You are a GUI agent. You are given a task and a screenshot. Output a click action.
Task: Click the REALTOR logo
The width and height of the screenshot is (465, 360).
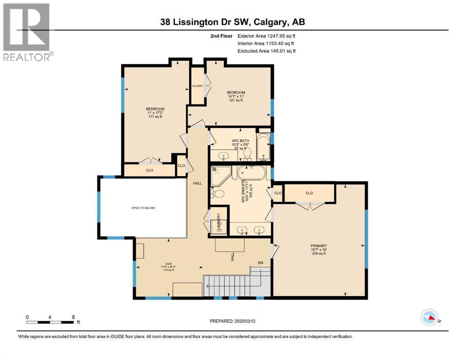coord(26,32)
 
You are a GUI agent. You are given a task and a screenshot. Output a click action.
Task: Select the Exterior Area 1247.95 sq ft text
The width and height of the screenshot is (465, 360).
coord(266,36)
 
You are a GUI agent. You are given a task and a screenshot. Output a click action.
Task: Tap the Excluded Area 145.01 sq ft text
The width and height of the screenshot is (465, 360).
coord(266,51)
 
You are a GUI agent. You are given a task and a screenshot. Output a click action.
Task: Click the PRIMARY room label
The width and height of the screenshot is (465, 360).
coord(318,246)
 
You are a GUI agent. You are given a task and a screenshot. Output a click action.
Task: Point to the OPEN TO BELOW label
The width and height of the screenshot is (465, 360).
coord(143,208)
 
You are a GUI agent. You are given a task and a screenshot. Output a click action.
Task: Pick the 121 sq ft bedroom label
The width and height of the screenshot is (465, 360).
coord(236,96)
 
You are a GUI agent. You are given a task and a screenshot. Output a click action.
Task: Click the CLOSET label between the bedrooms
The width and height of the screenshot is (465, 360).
coord(198,86)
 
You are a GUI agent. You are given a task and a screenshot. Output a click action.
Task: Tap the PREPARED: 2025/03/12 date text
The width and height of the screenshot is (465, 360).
coord(232,321)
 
